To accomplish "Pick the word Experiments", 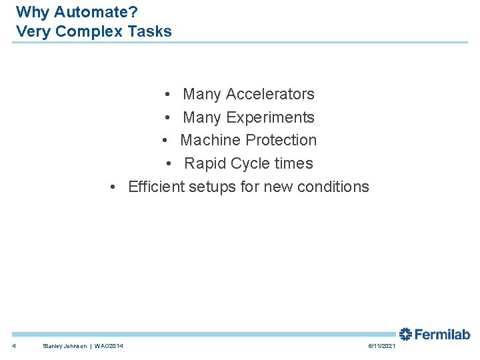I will (270, 117).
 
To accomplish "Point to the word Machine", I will (211, 140).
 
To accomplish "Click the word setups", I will (212, 187).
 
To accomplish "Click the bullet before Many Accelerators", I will (171, 95).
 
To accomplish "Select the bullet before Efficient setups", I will (115, 187).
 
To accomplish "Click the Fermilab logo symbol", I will (405, 334).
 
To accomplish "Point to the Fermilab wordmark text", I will (442, 334).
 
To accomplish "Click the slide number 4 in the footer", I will (14, 345).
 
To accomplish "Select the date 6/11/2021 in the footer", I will (381, 345).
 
